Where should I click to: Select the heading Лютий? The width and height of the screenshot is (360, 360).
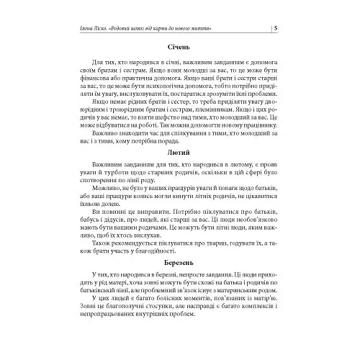point(178,153)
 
